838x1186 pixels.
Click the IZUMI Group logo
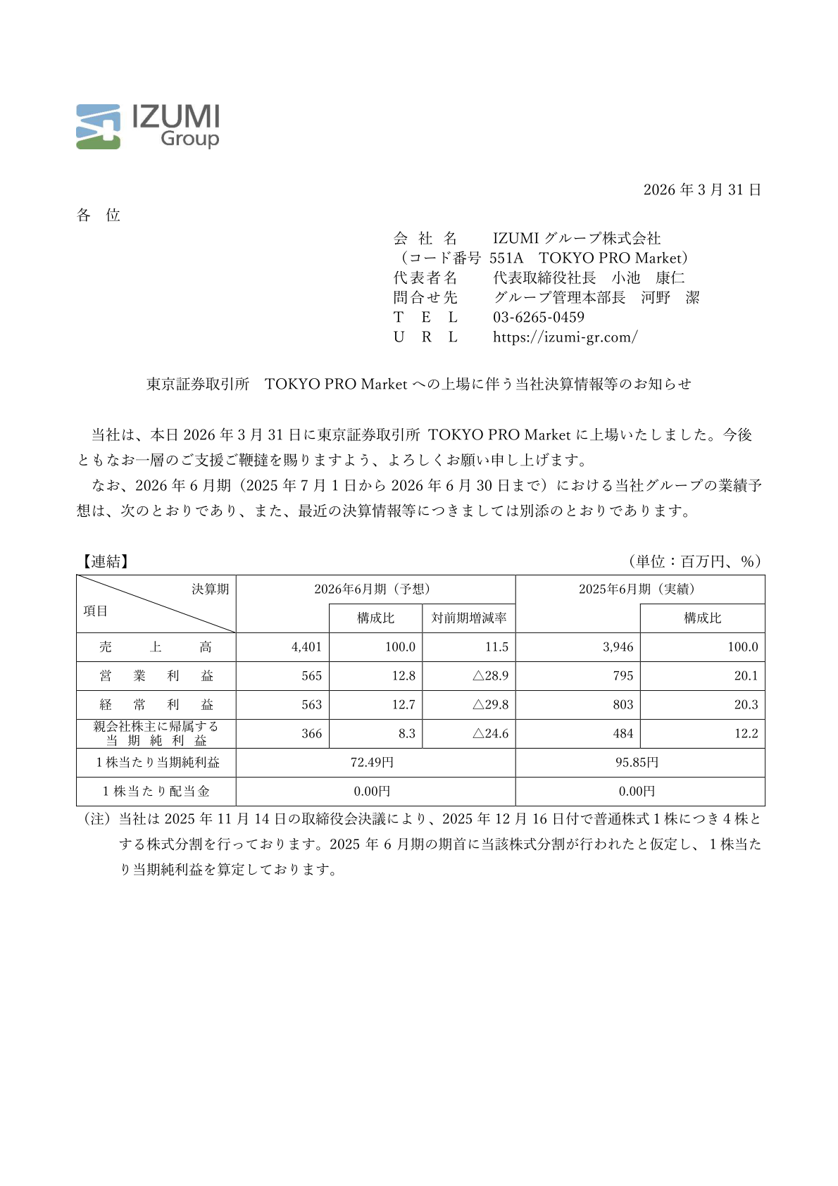click(x=147, y=127)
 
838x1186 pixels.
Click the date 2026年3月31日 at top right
click(x=701, y=190)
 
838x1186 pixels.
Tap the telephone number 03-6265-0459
click(x=538, y=318)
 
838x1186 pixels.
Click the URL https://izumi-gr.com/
click(x=565, y=337)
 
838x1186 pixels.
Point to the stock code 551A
click(x=506, y=258)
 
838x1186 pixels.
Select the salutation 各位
click(x=99, y=216)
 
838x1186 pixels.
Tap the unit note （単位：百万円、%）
click(x=695, y=561)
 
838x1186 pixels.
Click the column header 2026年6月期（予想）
click(x=375, y=589)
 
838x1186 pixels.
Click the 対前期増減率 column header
click(x=469, y=618)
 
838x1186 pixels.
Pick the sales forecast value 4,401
click(x=306, y=647)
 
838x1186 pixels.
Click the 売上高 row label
click(x=156, y=647)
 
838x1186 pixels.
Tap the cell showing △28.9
click(x=490, y=676)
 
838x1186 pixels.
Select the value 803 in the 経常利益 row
click(x=623, y=705)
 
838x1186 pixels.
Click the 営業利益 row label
click(x=156, y=676)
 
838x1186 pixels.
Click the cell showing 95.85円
click(x=637, y=763)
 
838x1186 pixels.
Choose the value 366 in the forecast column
click(x=311, y=734)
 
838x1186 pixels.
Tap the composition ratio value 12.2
click(x=746, y=734)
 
